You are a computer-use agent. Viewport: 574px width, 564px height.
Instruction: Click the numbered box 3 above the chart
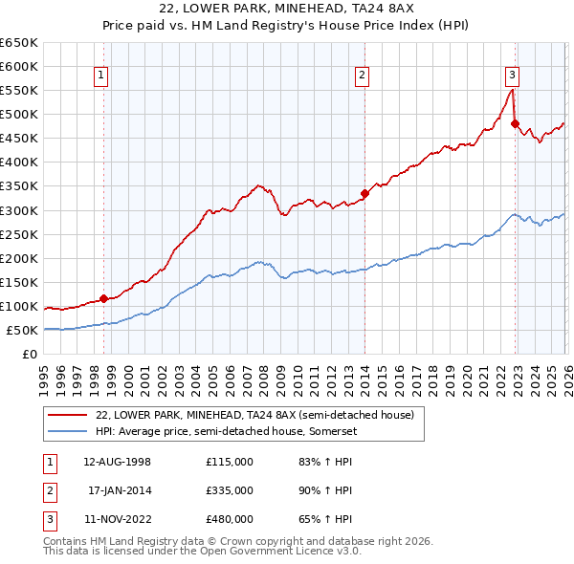pyautogui.click(x=512, y=76)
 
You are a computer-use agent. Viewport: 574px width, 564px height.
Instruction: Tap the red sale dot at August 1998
pyautogui.click(x=103, y=298)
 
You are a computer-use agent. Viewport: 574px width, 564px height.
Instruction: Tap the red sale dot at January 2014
pyautogui.click(x=364, y=193)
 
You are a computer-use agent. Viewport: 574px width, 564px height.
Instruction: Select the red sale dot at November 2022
pyautogui.click(x=515, y=123)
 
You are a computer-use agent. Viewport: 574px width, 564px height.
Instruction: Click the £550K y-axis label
pyautogui.click(x=19, y=91)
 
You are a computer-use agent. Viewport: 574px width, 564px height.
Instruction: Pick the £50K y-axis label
pyautogui.click(x=22, y=331)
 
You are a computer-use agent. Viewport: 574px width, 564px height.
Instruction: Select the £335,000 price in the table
pyautogui.click(x=229, y=490)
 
